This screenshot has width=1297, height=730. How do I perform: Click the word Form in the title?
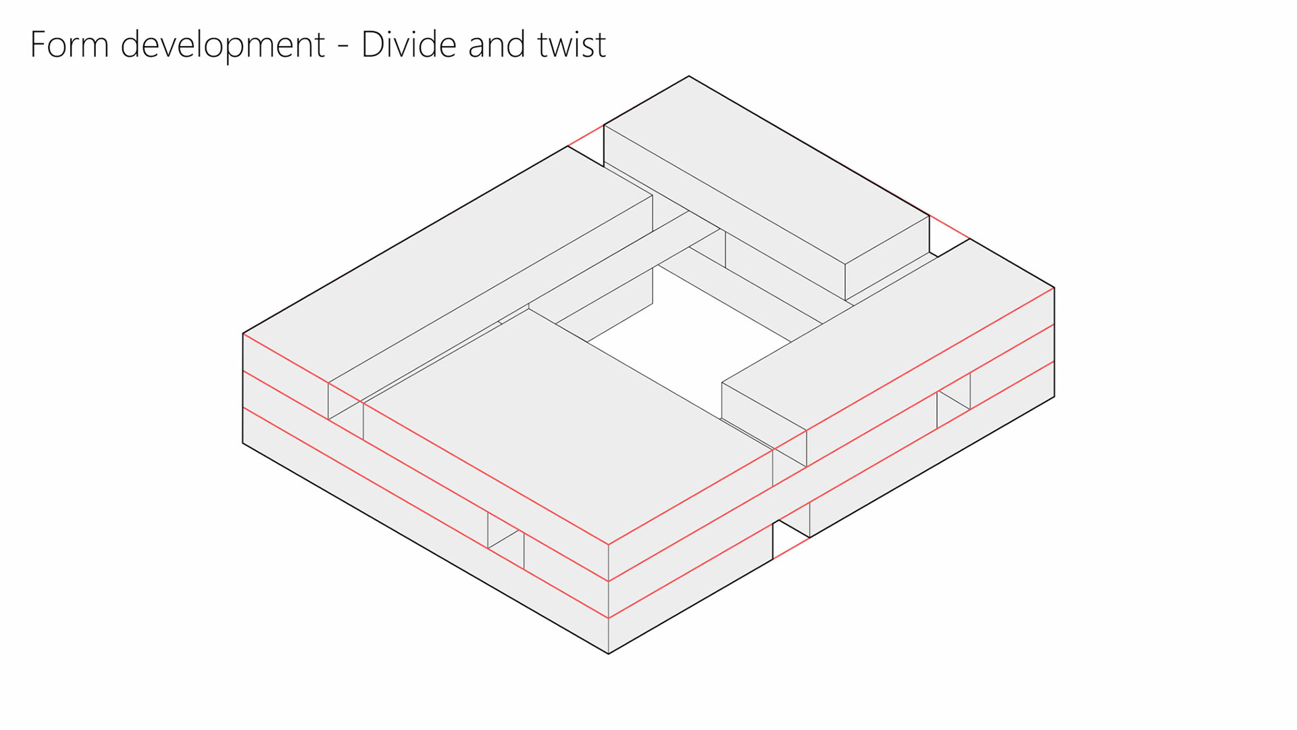(70, 45)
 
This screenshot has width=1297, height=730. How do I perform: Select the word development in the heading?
(223, 45)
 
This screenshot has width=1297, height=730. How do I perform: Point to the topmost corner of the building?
(689, 76)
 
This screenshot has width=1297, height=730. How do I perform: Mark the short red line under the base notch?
(791, 548)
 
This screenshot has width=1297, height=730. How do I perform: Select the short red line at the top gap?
(586, 135)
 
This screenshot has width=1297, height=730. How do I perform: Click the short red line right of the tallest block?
(950, 227)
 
